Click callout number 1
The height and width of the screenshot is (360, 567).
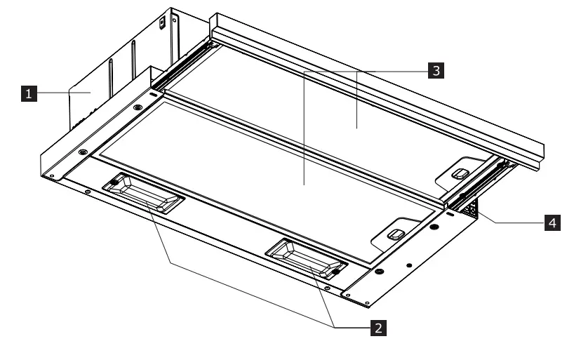28,92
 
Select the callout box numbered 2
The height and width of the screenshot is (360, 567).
378,327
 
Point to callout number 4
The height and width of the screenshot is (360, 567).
553,222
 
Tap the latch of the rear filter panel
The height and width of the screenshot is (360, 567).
460,173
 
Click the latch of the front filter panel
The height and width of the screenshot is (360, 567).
396,233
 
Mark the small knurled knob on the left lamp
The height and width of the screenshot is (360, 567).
113,184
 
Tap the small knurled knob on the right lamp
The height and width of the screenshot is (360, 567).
337,272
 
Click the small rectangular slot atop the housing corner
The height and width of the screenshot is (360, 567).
161,22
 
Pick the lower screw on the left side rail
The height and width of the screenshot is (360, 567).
84,152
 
